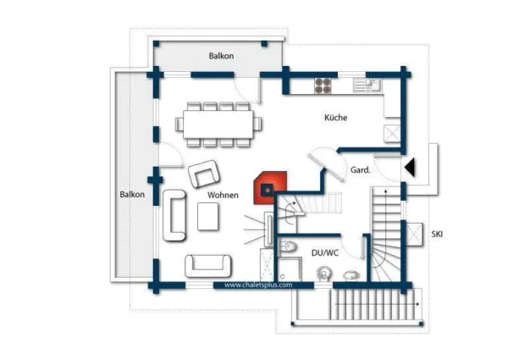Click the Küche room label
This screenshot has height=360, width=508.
tap(335, 117)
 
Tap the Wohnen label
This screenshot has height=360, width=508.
tap(223, 195)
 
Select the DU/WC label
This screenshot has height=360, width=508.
tap(325, 252)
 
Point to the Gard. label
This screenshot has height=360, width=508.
tap(361, 169)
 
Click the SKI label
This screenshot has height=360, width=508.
tap(437, 234)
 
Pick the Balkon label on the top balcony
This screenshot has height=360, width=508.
tap(221, 56)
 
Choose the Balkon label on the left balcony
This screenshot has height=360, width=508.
tap(132, 195)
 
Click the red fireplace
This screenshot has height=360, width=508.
tap(270, 188)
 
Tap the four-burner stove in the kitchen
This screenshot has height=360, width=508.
tap(323, 86)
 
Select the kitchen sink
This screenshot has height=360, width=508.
tap(367, 85)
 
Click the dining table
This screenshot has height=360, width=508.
tap(218, 125)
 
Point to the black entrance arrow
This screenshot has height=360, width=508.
tap(410, 168)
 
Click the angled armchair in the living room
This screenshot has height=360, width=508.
tap(204, 174)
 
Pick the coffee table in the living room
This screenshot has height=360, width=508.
tap(208, 217)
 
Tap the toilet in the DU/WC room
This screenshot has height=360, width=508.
tap(288, 246)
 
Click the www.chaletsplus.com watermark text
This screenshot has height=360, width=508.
tap(258, 285)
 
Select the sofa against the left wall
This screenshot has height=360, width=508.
tap(174, 215)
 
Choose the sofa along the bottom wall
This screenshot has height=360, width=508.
tap(208, 266)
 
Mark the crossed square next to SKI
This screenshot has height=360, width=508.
tap(414, 235)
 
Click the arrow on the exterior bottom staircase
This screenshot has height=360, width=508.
tap(377, 304)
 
